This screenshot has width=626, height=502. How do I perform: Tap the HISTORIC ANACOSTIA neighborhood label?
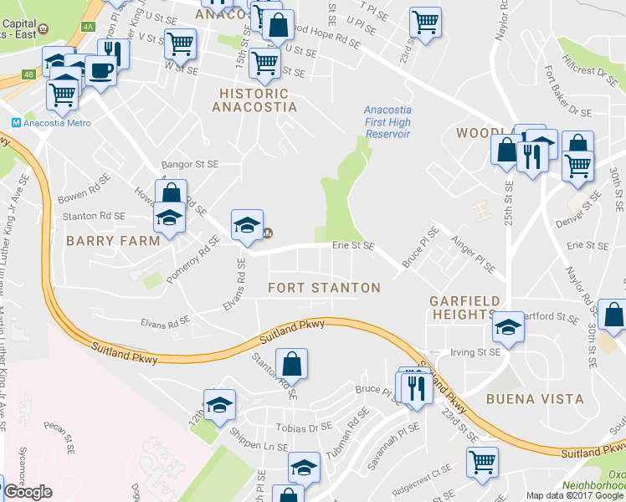click(254, 100)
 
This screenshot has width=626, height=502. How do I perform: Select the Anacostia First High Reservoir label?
click(387, 122)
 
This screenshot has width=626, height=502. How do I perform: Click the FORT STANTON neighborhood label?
click(324, 288)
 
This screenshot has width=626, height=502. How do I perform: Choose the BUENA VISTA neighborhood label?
click(536, 399)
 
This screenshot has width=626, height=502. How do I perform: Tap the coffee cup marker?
click(100, 69)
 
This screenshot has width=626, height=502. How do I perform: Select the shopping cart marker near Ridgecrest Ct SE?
click(482, 460)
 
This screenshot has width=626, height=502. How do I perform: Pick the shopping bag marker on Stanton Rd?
click(291, 364)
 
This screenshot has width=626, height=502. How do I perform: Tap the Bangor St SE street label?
click(190, 165)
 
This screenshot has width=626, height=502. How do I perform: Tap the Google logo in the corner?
click(28, 492)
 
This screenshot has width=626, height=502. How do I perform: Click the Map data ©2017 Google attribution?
click(575, 495)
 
